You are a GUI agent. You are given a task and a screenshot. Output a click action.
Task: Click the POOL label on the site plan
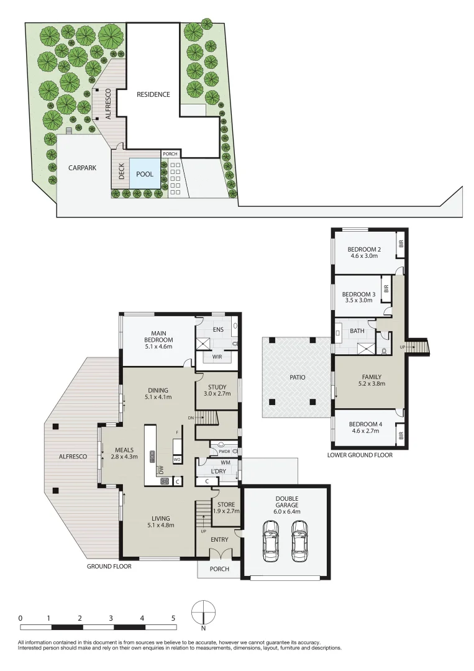tap(145, 175)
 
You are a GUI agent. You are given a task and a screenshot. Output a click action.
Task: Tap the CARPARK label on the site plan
tap(82, 168)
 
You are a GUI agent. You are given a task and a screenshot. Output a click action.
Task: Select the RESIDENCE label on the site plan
tap(153, 94)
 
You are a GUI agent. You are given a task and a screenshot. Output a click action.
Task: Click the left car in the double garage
tap(271, 540)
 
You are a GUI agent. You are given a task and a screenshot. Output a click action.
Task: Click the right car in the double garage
tap(299, 540)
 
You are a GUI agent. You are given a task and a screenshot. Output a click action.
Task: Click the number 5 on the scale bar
tap(173, 618)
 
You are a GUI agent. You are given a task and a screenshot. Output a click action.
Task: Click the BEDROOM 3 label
tap(358, 294)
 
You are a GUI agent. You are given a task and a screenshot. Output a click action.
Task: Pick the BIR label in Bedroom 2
tap(401, 244)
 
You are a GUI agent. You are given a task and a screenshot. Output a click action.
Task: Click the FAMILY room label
tap(371, 377)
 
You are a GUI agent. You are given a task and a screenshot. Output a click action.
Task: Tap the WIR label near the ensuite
tap(217, 357)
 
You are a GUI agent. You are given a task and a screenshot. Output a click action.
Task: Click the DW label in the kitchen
tap(160, 471)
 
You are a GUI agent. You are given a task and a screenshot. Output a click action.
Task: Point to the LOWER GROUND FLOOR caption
tap(360, 455)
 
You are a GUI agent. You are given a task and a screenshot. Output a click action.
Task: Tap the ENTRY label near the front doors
tap(219, 539)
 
